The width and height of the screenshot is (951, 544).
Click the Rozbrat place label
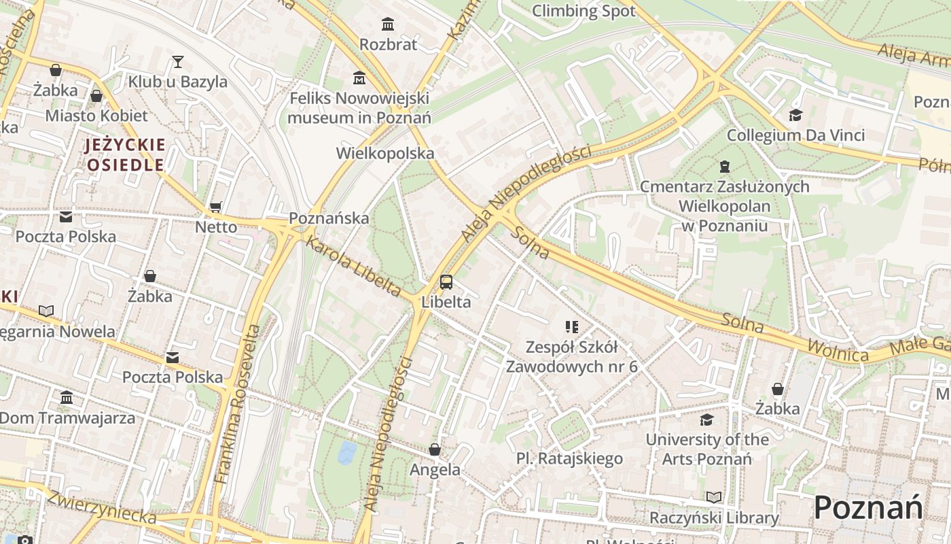pyautogui.click(x=388, y=44)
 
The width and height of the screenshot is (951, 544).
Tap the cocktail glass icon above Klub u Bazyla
pyautogui.click(x=178, y=62)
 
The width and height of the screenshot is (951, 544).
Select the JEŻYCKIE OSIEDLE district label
pyautogui.click(x=125, y=154)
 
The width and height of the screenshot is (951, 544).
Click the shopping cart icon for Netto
pyautogui.click(x=216, y=207)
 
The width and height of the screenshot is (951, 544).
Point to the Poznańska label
pyautogui.click(x=329, y=218)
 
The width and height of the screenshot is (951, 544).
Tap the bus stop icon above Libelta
pyautogui.click(x=446, y=282)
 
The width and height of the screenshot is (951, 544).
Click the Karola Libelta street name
pyautogui.click(x=353, y=265)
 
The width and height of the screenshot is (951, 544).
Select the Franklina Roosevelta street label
pyautogui.click(x=236, y=405)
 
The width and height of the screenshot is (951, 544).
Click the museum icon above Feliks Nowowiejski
pyautogui.click(x=359, y=78)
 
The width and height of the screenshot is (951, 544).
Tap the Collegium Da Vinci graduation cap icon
pyautogui.click(x=795, y=115)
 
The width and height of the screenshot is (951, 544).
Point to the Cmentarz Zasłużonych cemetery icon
pyautogui.click(x=725, y=167)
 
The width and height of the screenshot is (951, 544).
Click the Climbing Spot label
pyautogui.click(x=584, y=11)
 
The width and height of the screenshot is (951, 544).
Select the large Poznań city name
pyautogui.click(x=868, y=508)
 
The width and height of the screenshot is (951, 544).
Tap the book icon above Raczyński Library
pyautogui.click(x=713, y=497)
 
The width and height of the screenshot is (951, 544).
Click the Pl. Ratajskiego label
pyautogui.click(x=569, y=458)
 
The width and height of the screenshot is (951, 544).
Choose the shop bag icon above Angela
pyautogui.click(x=435, y=449)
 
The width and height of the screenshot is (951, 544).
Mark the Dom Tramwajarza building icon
pyautogui.click(x=67, y=397)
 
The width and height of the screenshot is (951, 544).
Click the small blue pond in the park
pyautogui.click(x=346, y=452)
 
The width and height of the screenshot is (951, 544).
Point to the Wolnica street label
pyautogui.click(x=838, y=351)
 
